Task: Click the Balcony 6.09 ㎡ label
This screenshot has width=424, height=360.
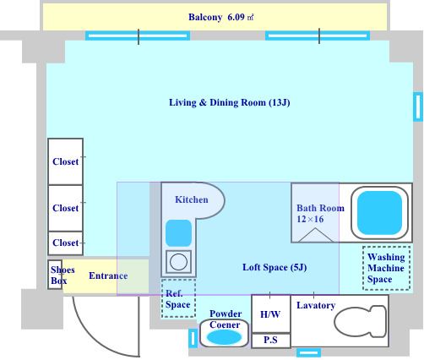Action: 221,17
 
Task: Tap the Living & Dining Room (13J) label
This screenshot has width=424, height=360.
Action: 230,102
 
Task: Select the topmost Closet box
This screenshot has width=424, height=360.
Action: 65,161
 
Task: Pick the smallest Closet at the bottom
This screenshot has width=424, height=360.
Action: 65,243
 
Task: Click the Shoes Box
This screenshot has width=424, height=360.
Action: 55,275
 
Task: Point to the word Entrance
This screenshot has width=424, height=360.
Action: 108,275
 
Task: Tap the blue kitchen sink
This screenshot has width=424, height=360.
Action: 178,233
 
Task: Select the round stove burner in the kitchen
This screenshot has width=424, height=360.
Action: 178,262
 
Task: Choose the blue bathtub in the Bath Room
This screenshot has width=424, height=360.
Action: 379,213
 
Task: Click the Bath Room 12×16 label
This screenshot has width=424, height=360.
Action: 320,214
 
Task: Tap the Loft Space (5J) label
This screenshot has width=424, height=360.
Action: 275,267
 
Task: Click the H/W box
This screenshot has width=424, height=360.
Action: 270,314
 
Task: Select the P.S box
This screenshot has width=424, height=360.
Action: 270,341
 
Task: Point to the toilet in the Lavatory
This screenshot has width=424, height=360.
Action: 361,321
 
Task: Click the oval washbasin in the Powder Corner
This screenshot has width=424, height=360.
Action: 224,337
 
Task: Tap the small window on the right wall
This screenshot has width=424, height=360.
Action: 418,106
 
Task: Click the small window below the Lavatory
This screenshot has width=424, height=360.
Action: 308,352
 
